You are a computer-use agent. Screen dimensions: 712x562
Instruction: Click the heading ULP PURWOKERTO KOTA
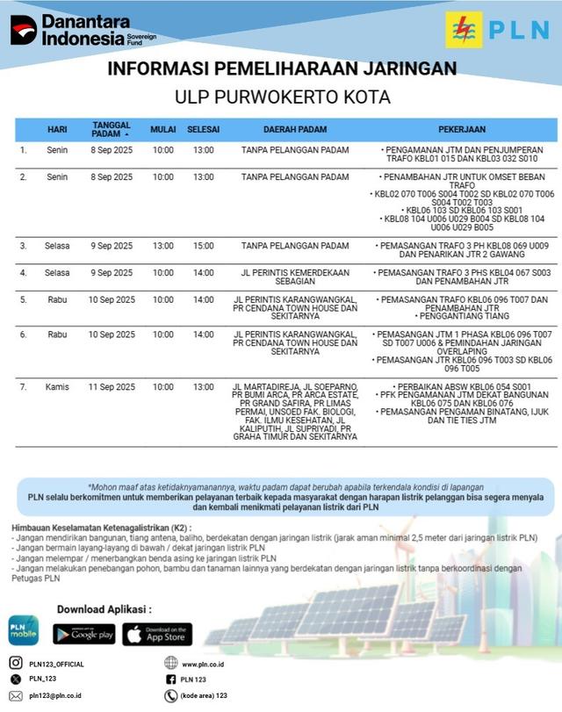click(281, 97)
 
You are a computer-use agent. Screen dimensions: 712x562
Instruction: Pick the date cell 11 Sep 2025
click(112, 386)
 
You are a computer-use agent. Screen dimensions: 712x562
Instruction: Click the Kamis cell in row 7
click(57, 386)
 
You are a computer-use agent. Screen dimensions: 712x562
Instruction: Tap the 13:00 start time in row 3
click(162, 246)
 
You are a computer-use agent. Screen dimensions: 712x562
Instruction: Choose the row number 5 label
click(24, 299)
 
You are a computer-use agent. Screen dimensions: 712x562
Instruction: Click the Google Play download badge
click(84, 633)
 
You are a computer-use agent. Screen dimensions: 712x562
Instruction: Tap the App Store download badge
click(157, 633)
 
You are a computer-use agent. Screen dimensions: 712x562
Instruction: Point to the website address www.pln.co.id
click(204, 664)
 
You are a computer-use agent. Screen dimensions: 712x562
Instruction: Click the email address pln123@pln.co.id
click(55, 695)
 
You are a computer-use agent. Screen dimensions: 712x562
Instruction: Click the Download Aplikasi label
click(104, 608)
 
